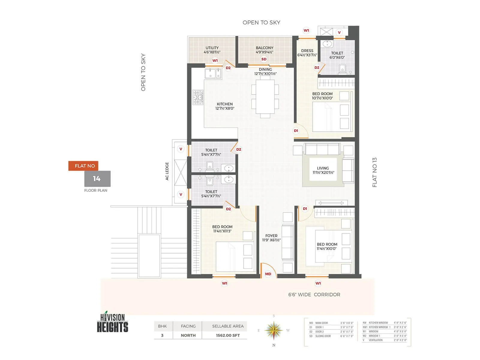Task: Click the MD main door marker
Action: [268, 274]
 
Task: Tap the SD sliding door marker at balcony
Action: [264, 59]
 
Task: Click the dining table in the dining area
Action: [265, 97]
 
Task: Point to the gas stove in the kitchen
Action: [198, 97]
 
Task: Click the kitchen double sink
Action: [213, 73]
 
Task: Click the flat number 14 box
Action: [97, 179]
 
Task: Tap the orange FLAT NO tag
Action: [83, 166]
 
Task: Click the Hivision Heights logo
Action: [112, 323]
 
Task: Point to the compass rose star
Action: [274, 330]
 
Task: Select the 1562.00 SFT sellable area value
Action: [228, 335]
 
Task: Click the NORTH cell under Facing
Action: [188, 335]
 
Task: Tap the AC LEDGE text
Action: [167, 171]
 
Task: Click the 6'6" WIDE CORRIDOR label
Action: [314, 295]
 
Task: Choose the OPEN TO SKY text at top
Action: [261, 22]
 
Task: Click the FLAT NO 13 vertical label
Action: [374, 172]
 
